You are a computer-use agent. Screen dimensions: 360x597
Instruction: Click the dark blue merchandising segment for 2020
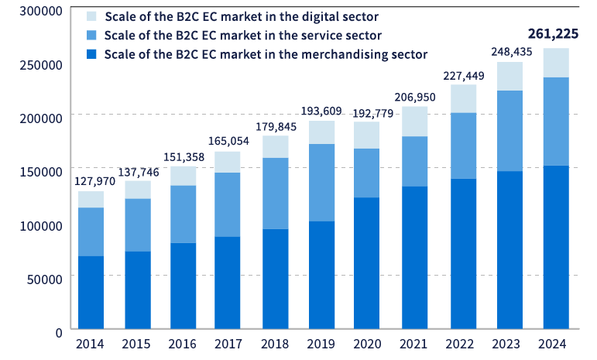tap(367, 262)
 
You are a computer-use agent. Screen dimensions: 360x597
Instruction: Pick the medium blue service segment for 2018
tap(276, 193)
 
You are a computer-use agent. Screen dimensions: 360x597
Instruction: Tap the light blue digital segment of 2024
tap(556, 63)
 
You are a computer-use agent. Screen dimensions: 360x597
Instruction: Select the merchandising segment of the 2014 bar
tap(91, 292)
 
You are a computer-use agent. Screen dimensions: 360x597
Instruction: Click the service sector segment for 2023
tap(510, 131)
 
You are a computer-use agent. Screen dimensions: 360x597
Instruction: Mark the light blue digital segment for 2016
tap(184, 176)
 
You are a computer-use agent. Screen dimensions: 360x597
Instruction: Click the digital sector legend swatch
tap(91, 15)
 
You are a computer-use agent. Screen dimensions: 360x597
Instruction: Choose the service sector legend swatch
tap(91, 35)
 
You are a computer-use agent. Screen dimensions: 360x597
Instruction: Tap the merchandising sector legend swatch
tap(91, 54)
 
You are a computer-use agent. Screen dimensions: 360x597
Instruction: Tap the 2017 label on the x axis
tap(229, 344)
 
